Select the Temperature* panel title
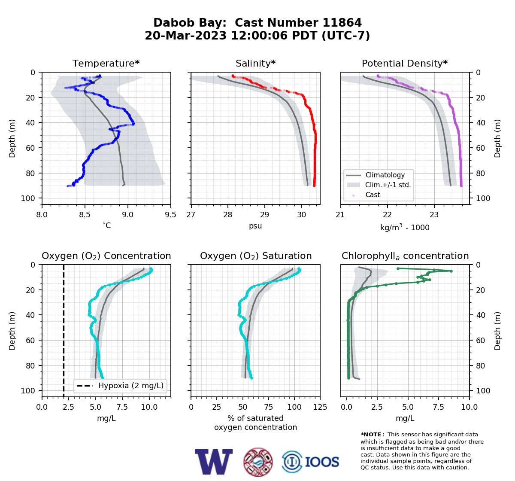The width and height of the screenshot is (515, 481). tap(106, 63)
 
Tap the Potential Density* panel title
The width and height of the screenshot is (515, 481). tap(405, 63)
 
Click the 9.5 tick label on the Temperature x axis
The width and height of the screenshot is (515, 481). tap(170, 215)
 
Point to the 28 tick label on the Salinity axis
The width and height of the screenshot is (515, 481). tap(228, 215)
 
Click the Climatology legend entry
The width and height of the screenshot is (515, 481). tap(385, 175)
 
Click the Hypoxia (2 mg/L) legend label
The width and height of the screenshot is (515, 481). tap(131, 386)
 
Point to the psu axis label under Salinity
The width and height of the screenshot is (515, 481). tap(255, 226)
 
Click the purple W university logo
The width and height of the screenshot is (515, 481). tap(214, 462)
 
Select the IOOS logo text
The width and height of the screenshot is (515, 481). tap(322, 462)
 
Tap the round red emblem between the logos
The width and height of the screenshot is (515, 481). tap(258, 462)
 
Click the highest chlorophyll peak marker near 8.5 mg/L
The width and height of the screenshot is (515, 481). tap(451, 271)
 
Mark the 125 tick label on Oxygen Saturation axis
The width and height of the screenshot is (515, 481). tap(320, 407)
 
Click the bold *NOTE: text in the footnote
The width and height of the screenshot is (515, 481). tap(371, 435)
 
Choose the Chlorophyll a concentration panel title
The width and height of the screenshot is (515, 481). tap(405, 256)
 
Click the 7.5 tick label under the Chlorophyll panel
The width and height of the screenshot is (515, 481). tap(439, 407)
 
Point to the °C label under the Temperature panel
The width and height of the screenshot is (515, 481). tap(106, 225)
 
